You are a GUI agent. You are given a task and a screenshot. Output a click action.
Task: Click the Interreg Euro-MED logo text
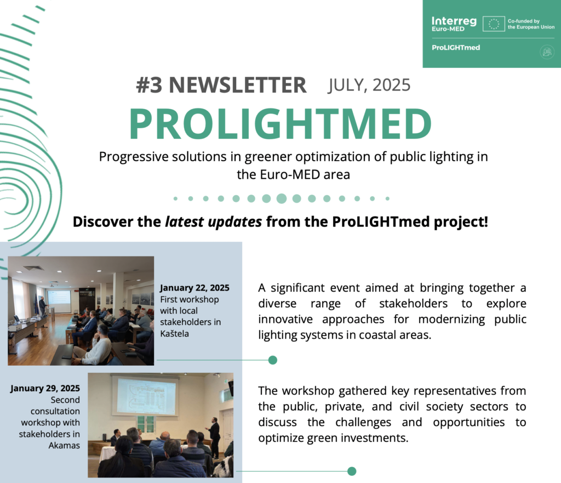click(x=454, y=24)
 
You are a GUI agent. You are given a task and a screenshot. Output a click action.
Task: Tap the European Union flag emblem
click(x=494, y=24)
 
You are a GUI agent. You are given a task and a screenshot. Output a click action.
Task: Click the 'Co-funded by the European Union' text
click(x=531, y=24)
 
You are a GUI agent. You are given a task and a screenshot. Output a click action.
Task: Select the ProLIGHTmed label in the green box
click(x=456, y=48)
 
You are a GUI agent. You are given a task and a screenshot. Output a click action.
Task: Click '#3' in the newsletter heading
click(x=149, y=85)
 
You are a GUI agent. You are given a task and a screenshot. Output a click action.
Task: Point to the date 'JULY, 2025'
click(x=369, y=85)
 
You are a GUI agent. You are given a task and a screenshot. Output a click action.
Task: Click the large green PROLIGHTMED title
click(x=280, y=123)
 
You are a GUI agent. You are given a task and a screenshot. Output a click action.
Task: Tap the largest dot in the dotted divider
click(x=282, y=198)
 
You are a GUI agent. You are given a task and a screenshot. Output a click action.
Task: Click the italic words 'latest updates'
click(x=213, y=222)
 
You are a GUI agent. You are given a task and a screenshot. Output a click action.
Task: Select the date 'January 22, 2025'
click(x=194, y=288)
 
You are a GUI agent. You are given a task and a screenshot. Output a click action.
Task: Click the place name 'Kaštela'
click(x=175, y=334)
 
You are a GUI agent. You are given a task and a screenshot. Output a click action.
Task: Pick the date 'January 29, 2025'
click(x=45, y=389)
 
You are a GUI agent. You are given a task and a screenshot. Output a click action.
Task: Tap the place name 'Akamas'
click(x=65, y=445)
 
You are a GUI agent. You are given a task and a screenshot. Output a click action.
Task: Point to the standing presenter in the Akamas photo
click(x=214, y=438)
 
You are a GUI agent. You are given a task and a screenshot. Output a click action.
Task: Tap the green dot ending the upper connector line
click(x=273, y=360)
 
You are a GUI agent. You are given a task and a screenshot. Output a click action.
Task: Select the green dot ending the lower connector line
click(x=352, y=471)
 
